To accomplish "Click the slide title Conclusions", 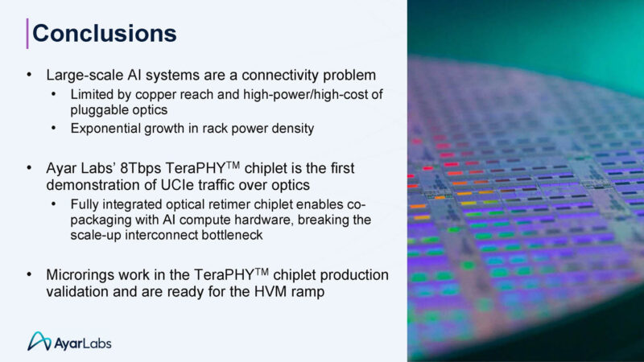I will (x=104, y=34).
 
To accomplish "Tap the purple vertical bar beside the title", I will (x=28, y=33).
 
